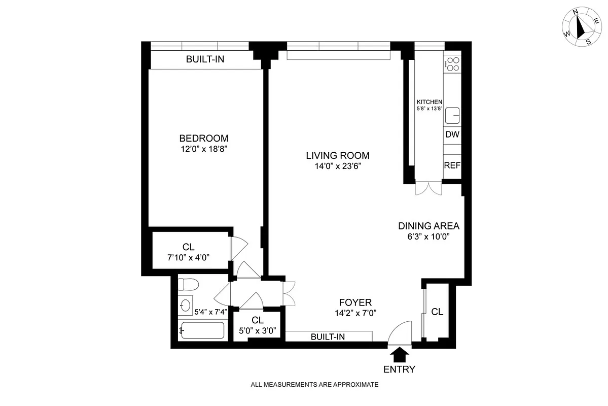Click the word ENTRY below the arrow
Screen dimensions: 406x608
click(x=400, y=369)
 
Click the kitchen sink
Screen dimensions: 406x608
click(x=452, y=116)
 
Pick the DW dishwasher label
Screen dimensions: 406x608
click(x=452, y=135)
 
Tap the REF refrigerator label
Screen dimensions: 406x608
click(x=452, y=165)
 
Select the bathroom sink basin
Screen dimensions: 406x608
click(x=186, y=306)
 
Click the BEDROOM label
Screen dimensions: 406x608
click(x=203, y=138)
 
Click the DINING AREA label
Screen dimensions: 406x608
click(x=428, y=226)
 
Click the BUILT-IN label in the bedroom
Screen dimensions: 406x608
click(x=205, y=59)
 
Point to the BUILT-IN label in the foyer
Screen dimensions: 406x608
click(x=328, y=336)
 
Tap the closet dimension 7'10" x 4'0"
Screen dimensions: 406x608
click(x=189, y=257)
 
